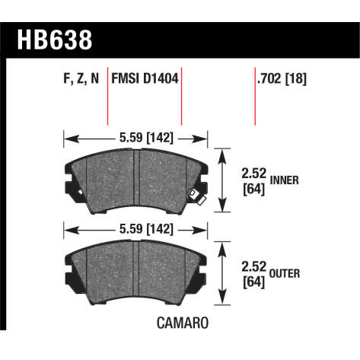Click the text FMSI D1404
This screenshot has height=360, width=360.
click(x=145, y=78)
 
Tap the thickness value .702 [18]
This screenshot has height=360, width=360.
click(x=282, y=78)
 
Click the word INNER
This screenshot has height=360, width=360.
click(x=283, y=181)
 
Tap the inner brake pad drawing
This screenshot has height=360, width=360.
click(x=133, y=179)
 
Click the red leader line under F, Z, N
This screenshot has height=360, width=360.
click(x=107, y=107)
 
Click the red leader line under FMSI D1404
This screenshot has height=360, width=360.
click(x=181, y=107)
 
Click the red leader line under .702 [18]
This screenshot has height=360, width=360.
click(x=254, y=107)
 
